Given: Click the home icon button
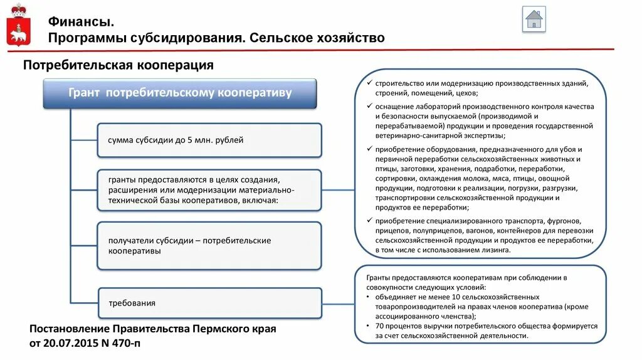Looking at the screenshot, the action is [534, 19].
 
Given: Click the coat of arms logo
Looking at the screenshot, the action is [19, 26].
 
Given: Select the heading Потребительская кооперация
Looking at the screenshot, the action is [118, 65].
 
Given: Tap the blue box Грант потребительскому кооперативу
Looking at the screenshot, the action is [180, 93].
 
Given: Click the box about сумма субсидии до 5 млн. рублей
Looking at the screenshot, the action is [209, 140].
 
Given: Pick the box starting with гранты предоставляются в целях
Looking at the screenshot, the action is [209, 189].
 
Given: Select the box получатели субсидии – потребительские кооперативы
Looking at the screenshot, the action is [209, 245].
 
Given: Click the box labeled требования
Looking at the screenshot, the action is [209, 303].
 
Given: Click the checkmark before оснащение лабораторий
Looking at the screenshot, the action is [369, 107].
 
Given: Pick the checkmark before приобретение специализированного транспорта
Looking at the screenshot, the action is [369, 221].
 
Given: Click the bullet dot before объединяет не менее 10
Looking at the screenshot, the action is [368, 297].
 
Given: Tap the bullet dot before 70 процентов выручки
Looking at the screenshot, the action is [368, 326].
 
